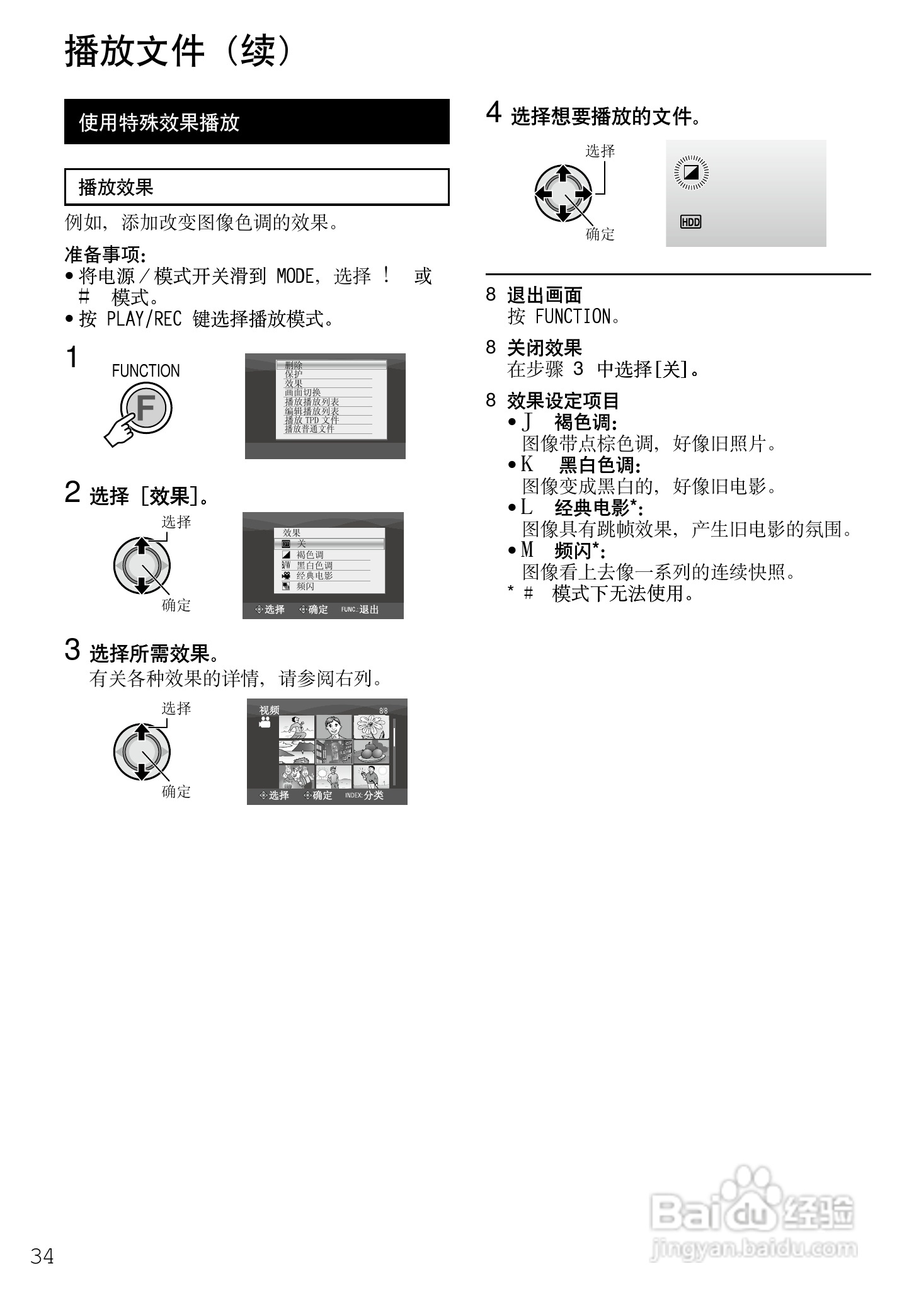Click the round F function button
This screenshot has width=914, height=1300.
[x=146, y=408]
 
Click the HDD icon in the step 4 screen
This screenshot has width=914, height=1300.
[x=690, y=222]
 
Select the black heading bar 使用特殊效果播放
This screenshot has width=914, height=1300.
[x=257, y=122]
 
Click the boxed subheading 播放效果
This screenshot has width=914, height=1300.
[x=257, y=187]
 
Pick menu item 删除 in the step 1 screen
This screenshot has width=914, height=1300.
[x=294, y=365]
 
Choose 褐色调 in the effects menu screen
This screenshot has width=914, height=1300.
[x=310, y=555]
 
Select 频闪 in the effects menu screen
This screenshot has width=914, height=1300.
[x=306, y=586]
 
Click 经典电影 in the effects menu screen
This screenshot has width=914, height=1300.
[x=314, y=576]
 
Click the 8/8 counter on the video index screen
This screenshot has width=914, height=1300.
[x=383, y=710]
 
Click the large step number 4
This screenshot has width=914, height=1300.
[x=494, y=113]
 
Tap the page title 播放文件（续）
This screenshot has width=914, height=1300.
[x=180, y=51]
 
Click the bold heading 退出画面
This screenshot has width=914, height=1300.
[x=544, y=295]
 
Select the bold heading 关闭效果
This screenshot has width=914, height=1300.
[x=544, y=348]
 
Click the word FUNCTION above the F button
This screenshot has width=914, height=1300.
[x=146, y=371]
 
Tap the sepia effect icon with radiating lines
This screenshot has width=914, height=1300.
[x=691, y=172]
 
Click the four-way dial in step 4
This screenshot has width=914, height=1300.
[x=563, y=193]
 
